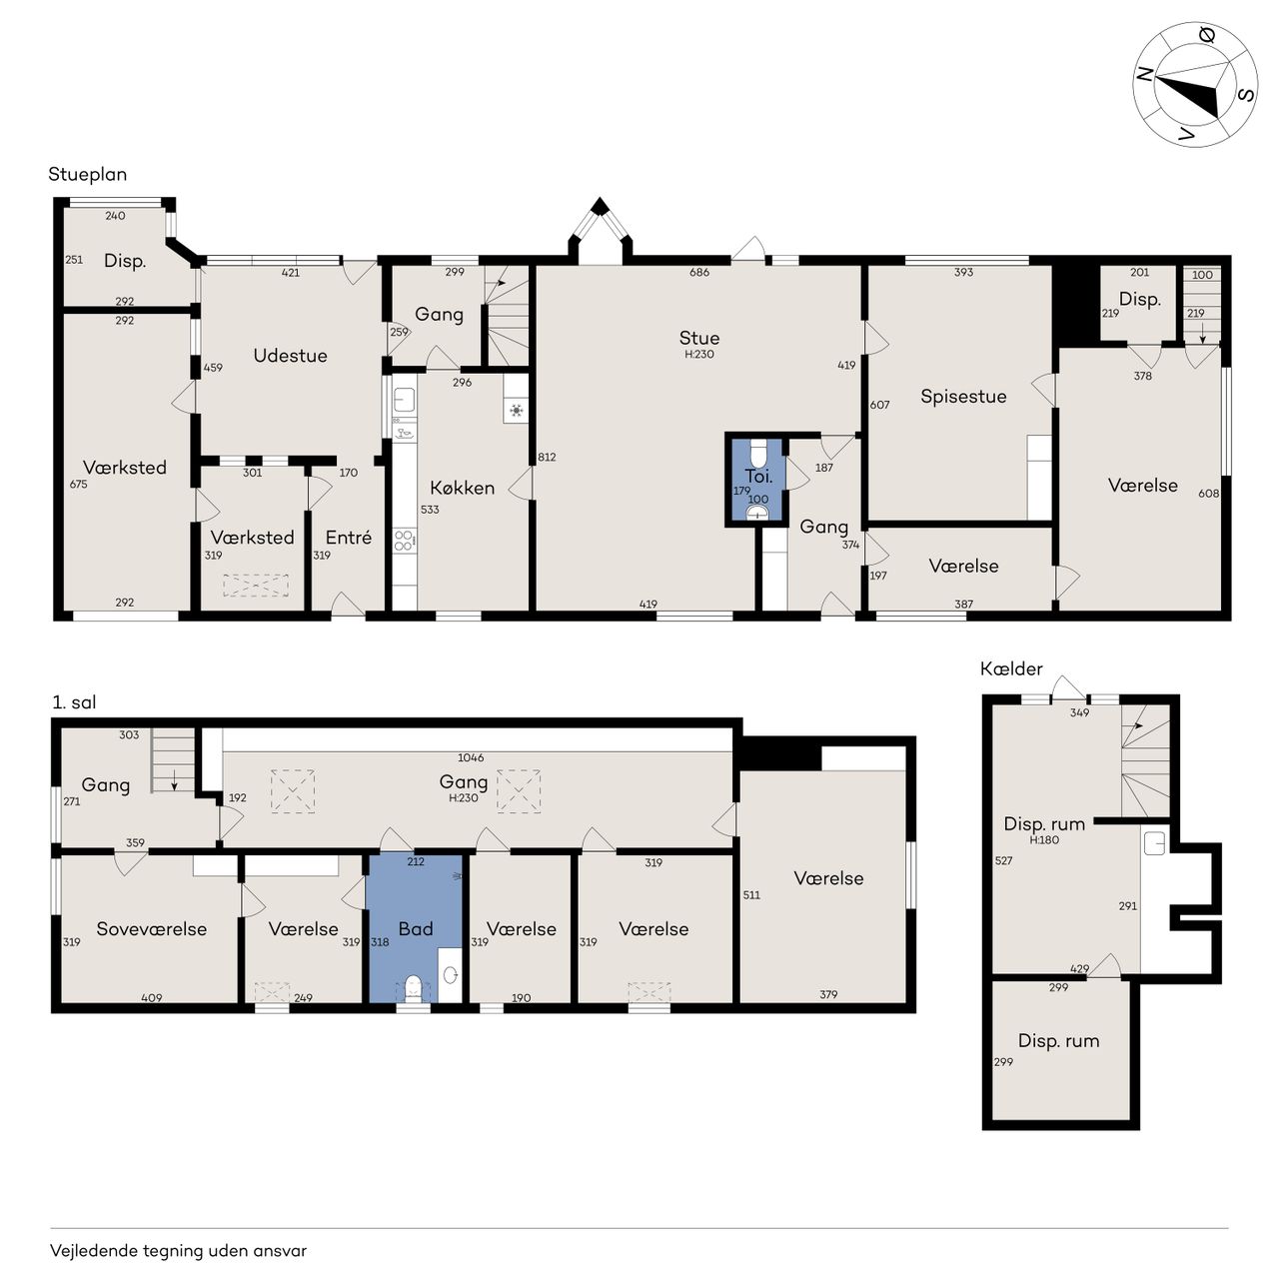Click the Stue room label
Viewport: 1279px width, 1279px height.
coord(698,338)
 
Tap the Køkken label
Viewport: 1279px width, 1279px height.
coord(462,488)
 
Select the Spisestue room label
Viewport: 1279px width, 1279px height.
coord(963,397)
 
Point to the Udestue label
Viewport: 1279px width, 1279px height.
coord(290,356)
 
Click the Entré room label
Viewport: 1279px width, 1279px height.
coord(349,537)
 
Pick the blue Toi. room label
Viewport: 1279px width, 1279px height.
coord(758,476)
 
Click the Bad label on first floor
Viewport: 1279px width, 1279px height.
coord(416,928)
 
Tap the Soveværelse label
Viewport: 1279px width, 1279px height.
coord(151,928)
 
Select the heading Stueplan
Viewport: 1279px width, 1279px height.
coord(88,175)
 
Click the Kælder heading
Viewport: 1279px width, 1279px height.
coord(1011,668)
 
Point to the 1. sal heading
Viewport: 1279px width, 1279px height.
coord(74,702)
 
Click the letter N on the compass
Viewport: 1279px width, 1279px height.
coord(1143,75)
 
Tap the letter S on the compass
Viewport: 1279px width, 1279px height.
coord(1247,94)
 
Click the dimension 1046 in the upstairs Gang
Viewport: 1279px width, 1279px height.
coord(471,757)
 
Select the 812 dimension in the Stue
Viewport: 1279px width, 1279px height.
coord(547,457)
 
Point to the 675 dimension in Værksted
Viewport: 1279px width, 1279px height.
coord(78,484)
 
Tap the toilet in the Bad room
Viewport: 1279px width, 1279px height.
coord(414,987)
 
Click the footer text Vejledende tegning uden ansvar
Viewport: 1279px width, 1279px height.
coord(179,1250)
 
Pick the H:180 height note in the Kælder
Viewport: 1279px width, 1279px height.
coord(1044,839)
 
